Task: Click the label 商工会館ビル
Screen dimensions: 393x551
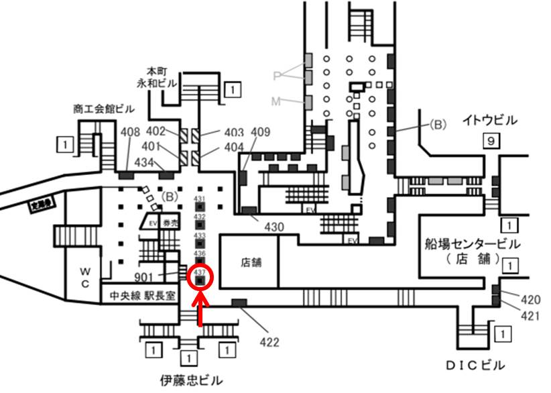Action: tap(104, 109)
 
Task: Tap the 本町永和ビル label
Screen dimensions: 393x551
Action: tap(155, 76)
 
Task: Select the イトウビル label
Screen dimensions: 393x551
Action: tap(490, 121)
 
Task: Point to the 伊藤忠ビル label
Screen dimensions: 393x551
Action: tap(190, 380)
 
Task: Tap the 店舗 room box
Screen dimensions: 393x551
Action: tap(249, 262)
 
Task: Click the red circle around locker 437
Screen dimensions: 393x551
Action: tap(200, 278)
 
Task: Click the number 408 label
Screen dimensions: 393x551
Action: tap(131, 132)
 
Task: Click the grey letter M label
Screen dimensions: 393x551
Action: tap(276, 102)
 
